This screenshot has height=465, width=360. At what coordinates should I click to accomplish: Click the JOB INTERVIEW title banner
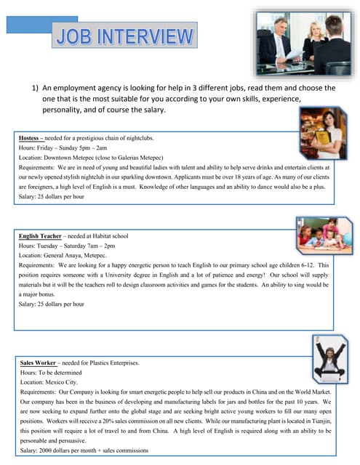[x=126, y=37]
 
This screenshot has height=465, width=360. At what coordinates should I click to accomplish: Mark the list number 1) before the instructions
[x=34, y=87]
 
